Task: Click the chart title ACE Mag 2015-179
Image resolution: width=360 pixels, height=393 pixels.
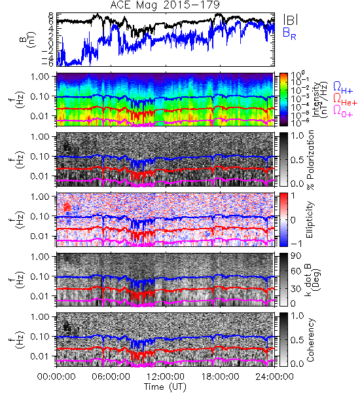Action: (165, 5)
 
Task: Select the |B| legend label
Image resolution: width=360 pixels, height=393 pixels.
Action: (291, 20)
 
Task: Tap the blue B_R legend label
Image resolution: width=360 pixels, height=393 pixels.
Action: (289, 33)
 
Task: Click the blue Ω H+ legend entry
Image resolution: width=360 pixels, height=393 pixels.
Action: (343, 88)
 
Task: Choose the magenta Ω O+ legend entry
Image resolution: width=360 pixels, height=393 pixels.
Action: (343, 111)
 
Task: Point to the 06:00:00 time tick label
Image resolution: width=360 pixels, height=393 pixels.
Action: (111, 377)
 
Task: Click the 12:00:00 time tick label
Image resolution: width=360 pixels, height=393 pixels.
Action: (166, 377)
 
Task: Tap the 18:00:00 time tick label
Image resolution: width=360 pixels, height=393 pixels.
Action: (220, 377)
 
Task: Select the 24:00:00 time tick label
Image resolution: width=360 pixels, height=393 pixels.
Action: (274, 377)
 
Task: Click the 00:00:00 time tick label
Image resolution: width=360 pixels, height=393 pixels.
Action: (56, 377)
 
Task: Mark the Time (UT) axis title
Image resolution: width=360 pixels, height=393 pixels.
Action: (165, 387)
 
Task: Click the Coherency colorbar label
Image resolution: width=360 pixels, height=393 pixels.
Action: (310, 340)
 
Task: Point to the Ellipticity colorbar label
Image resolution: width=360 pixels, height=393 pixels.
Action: (310, 220)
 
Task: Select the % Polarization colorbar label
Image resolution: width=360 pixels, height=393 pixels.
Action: (310, 160)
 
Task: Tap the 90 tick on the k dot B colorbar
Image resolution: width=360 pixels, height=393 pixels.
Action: (296, 256)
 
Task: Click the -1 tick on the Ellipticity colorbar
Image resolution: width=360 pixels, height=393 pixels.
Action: (296, 244)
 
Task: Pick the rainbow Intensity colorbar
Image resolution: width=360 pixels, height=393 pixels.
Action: (283, 100)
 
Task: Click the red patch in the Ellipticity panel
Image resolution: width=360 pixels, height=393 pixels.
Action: (67, 207)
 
